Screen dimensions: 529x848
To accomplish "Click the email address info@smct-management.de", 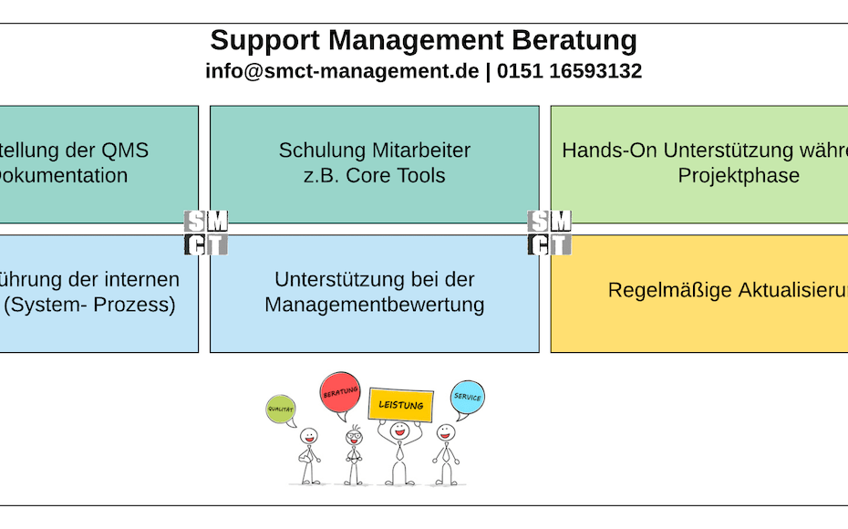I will pyautogui.click(x=342, y=71).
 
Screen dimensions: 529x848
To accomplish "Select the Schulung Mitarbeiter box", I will pyautogui.click(x=374, y=164).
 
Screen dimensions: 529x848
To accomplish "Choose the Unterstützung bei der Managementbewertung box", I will pyautogui.click(x=374, y=293).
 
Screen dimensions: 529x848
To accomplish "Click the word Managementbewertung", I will pyautogui.click(x=374, y=305).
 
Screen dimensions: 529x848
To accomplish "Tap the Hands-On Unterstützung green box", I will pyautogui.click(x=699, y=164).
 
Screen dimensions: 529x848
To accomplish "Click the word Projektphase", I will pyautogui.click(x=738, y=175).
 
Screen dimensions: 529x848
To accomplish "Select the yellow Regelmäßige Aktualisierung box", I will pyautogui.click(x=699, y=293).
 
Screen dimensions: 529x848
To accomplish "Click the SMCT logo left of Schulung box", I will pyautogui.click(x=206, y=233).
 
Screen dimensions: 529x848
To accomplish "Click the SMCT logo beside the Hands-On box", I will pyautogui.click(x=550, y=233).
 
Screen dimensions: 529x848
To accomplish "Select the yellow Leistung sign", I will pyautogui.click(x=401, y=404).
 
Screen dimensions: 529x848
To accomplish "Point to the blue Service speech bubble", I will pyautogui.click(x=467, y=397).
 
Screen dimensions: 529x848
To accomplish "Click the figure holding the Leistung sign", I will pyautogui.click(x=398, y=453).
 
